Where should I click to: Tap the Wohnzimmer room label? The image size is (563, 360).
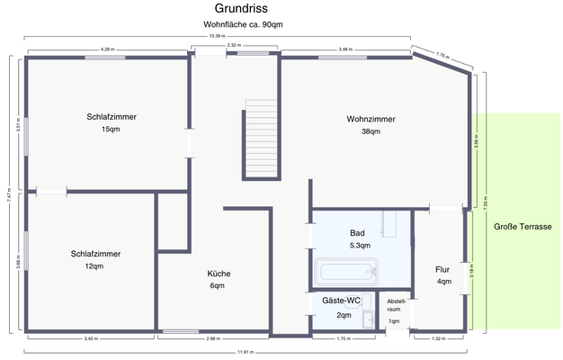pyautogui.click(x=371, y=119)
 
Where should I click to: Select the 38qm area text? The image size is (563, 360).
pyautogui.click(x=371, y=131)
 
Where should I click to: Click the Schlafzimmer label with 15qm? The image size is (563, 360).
pyautogui.click(x=112, y=117)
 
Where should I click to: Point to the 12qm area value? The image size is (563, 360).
pyautogui.click(x=95, y=266)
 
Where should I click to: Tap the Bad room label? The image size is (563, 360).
pyautogui.click(x=358, y=233)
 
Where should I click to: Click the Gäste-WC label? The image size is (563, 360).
pyautogui.click(x=344, y=300)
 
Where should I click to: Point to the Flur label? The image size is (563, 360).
pyautogui.click(x=443, y=269)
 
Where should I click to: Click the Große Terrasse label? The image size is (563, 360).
pyautogui.click(x=523, y=226)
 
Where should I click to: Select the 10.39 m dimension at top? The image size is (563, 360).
pyautogui.click(x=216, y=36)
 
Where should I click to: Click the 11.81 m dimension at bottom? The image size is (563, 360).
pyautogui.click(x=245, y=352)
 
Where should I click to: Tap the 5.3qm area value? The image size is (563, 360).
pyautogui.click(x=358, y=245)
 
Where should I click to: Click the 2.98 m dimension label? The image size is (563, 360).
pyautogui.click(x=213, y=338)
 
